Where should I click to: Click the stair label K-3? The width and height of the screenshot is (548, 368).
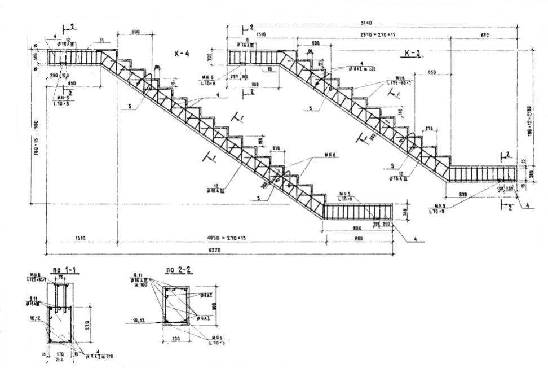pos(414,53)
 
